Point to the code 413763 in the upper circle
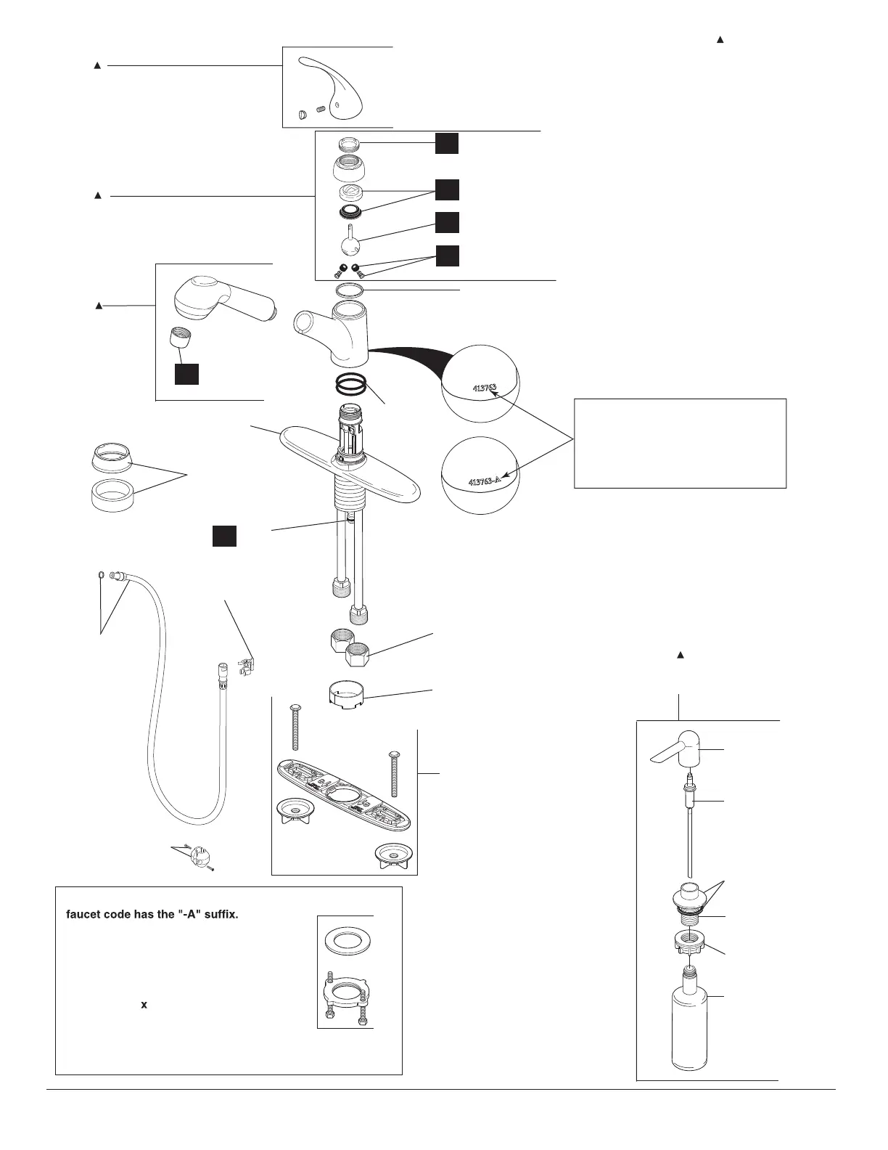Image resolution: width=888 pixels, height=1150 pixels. [485, 388]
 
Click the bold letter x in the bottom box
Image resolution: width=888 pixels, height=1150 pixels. [144, 1006]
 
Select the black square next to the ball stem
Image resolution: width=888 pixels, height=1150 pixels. [448, 222]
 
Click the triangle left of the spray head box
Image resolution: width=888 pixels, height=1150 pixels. [99, 306]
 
